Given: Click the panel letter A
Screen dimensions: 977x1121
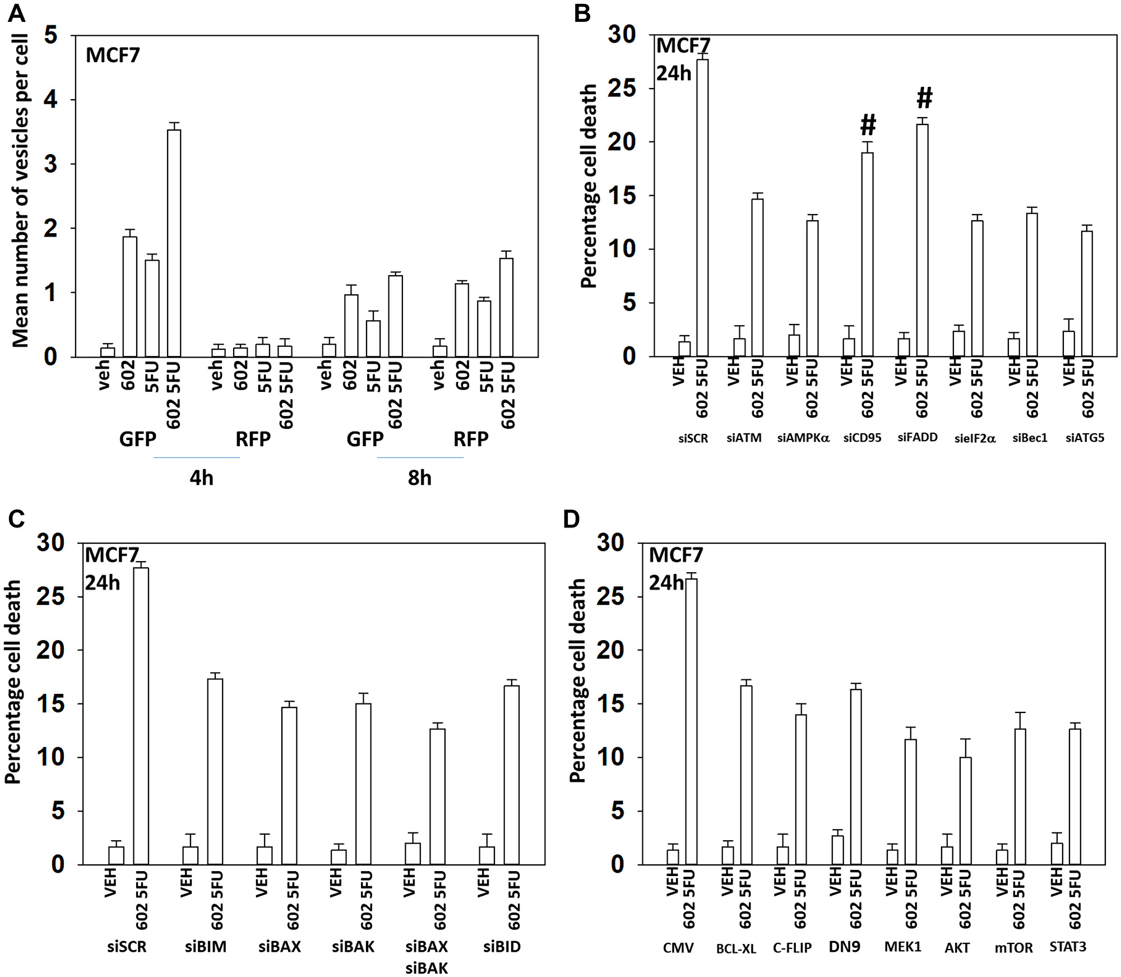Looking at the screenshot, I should (x=17, y=12).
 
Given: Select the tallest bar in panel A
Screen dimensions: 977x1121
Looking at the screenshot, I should (x=174, y=243).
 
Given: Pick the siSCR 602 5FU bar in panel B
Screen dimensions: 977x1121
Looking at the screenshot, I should (x=702, y=207).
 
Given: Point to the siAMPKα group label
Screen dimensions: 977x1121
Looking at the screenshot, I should (x=803, y=438).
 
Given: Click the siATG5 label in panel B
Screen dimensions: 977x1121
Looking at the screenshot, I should (x=1085, y=438).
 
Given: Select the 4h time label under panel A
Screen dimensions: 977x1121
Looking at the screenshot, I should (x=201, y=478).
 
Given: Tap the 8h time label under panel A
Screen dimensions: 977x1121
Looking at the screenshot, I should (x=419, y=478).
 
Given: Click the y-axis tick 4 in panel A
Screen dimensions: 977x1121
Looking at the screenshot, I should (x=50, y=100).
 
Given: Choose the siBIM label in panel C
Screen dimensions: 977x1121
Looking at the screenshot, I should (x=206, y=947).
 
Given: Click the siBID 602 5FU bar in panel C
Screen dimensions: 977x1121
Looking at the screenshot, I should (x=511, y=774).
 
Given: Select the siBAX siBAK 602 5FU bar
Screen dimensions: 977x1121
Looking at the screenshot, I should (x=437, y=796).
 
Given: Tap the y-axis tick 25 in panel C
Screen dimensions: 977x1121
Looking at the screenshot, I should (x=50, y=596).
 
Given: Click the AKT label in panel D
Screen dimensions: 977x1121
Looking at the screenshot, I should (x=957, y=948).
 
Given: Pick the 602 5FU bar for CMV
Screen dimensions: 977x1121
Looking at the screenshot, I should (x=691, y=721).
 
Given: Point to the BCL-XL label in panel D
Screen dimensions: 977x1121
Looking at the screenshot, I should (x=736, y=948).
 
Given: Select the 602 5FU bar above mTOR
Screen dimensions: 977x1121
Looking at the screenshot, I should (x=1020, y=796).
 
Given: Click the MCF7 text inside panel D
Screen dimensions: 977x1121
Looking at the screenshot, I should (x=675, y=555).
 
